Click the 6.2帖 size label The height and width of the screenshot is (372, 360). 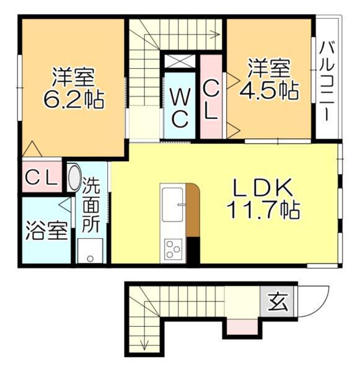[x=72, y=99]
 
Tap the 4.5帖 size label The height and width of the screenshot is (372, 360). [x=269, y=91]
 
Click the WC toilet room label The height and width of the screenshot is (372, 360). [x=180, y=108]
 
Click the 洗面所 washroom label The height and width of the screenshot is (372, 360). [x=91, y=205]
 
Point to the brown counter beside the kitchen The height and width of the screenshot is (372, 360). [x=193, y=211]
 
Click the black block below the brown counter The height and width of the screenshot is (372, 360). [x=193, y=250]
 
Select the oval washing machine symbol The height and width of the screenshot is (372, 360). [x=73, y=179]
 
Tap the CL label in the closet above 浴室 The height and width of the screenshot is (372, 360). [x=41, y=177]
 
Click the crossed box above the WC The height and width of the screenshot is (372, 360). [x=179, y=62]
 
